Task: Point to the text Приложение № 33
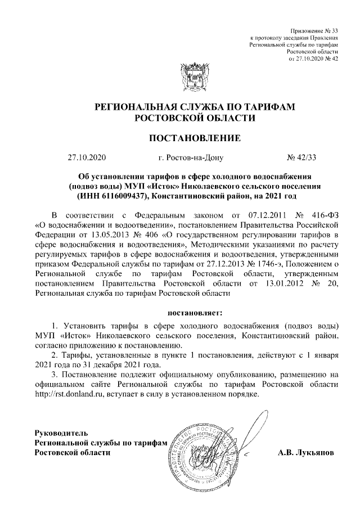pyautogui.click(x=315, y=30)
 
